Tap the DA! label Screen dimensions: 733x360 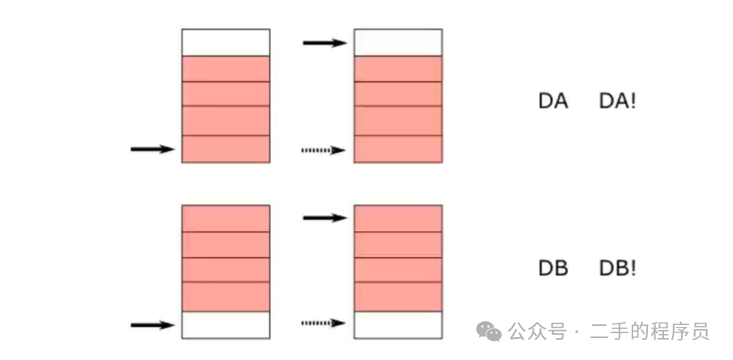(617, 101)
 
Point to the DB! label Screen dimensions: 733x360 (617, 268)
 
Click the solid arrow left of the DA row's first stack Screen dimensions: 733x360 (152, 149)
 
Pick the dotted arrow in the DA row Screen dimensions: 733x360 (324, 150)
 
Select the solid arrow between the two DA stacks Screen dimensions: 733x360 (324, 42)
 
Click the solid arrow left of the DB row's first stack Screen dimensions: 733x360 (152, 325)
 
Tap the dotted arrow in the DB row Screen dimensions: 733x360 (324, 324)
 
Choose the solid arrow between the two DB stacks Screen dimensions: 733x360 (324, 217)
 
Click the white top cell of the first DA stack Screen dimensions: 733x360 (225, 42)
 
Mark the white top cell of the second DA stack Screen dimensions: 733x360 (398, 42)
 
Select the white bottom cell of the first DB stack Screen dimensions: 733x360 (225, 324)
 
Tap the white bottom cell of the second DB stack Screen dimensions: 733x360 (398, 324)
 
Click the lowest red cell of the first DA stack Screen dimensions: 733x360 (225, 149)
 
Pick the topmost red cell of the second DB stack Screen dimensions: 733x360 (398, 218)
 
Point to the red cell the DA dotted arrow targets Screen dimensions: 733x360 (398, 149)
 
